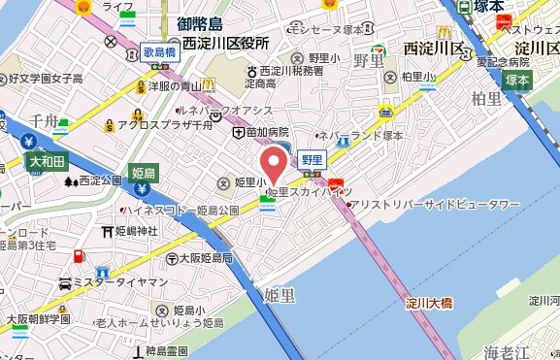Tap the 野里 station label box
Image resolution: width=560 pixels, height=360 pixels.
tap(311, 159)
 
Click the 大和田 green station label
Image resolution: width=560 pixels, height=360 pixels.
tap(47, 160)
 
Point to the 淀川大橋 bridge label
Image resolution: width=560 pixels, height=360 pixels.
tap(431, 304)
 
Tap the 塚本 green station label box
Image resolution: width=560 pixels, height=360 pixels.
tap(515, 81)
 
